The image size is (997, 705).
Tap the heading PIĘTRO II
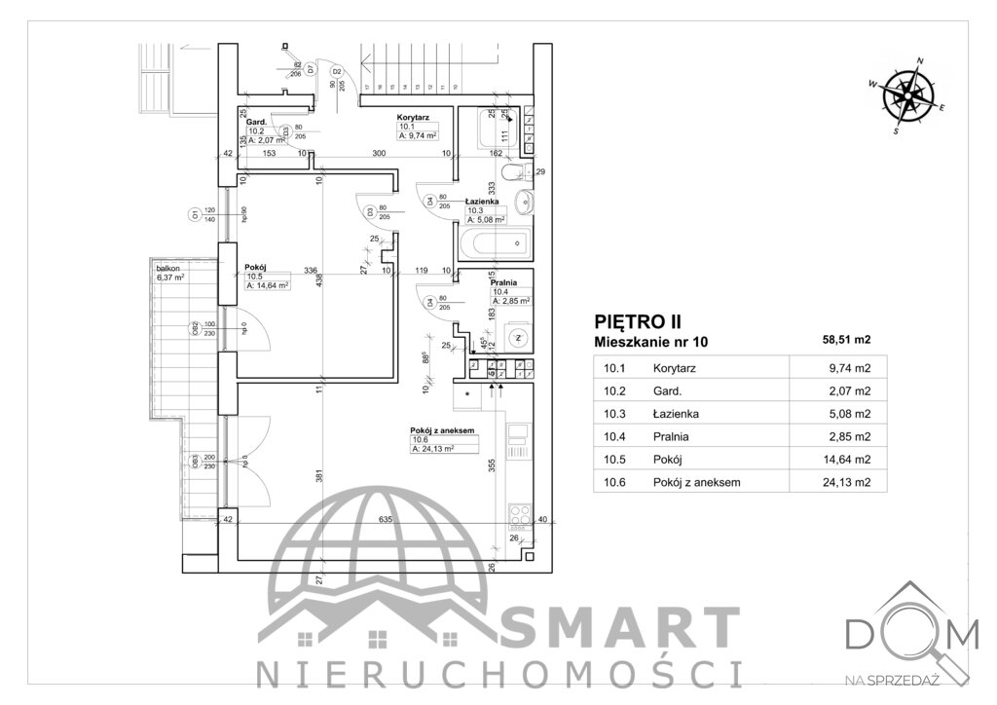[x=637, y=320]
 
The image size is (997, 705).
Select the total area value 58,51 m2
[x=847, y=340]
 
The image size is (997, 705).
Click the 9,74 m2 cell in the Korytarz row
[x=847, y=369]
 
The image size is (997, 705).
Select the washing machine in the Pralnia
[x=518, y=339]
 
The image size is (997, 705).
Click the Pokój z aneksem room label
[x=442, y=429]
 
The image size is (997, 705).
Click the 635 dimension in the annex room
[x=386, y=519]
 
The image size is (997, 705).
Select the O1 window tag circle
[x=196, y=214]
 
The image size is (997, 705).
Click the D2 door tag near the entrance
[x=337, y=72]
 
